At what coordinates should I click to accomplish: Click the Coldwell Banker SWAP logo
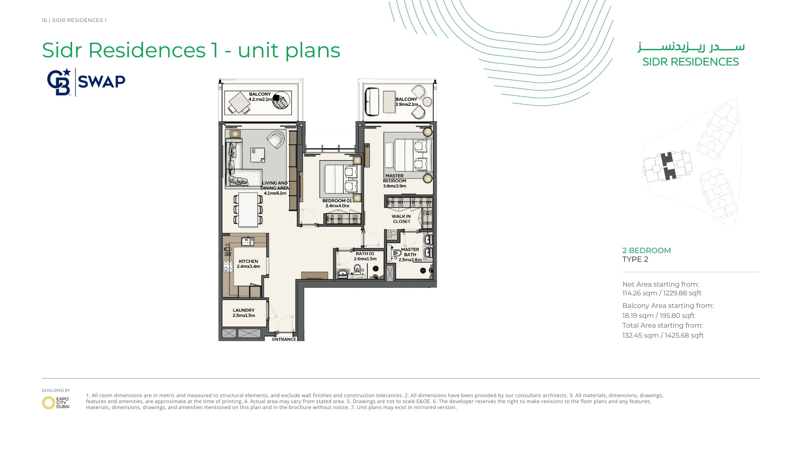[86, 82]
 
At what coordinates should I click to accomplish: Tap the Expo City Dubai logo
[56, 402]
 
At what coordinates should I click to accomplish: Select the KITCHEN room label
[248, 261]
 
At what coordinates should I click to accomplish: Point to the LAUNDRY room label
[243, 310]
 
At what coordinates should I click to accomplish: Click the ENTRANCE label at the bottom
[284, 339]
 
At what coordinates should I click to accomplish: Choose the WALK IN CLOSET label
[401, 219]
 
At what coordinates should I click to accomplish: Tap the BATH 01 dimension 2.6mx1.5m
[365, 259]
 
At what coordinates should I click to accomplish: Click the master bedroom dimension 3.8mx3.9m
[395, 186]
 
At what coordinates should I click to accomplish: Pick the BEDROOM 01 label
[337, 200]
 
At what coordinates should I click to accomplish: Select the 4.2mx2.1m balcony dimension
[260, 99]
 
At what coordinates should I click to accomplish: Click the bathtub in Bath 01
[343, 273]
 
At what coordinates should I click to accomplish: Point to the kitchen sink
[247, 241]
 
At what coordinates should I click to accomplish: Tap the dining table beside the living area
[248, 210]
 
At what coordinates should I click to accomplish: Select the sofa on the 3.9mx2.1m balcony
[372, 101]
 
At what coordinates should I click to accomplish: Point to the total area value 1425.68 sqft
[684, 335]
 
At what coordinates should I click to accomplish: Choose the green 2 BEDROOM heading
[646, 251]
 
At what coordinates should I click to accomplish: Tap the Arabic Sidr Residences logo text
[691, 47]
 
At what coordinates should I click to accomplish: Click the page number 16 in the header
[44, 20]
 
